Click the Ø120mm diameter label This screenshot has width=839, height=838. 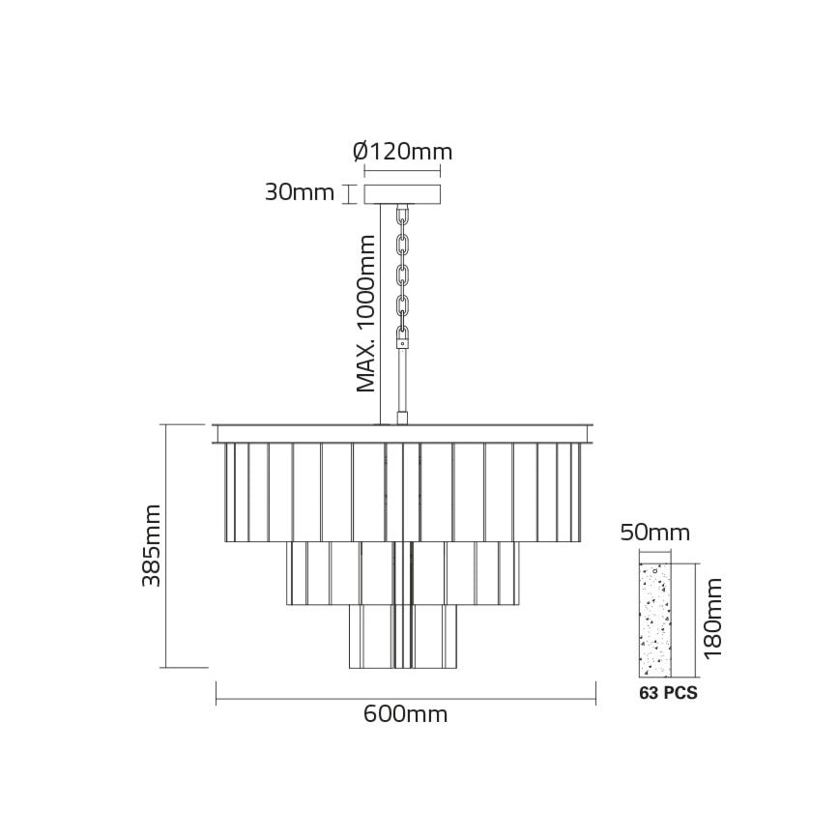point(402,153)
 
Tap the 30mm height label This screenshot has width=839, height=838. point(300,192)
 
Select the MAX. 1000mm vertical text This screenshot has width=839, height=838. point(365,313)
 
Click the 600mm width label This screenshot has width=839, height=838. point(406,715)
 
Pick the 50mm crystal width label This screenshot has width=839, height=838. point(655,534)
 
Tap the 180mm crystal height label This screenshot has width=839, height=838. point(713,619)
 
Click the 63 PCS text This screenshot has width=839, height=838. point(668,693)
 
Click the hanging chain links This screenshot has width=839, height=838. point(404,271)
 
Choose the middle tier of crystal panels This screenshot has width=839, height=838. point(402,572)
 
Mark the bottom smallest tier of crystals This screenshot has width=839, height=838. point(402,636)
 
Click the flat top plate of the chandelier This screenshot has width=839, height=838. point(404,432)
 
